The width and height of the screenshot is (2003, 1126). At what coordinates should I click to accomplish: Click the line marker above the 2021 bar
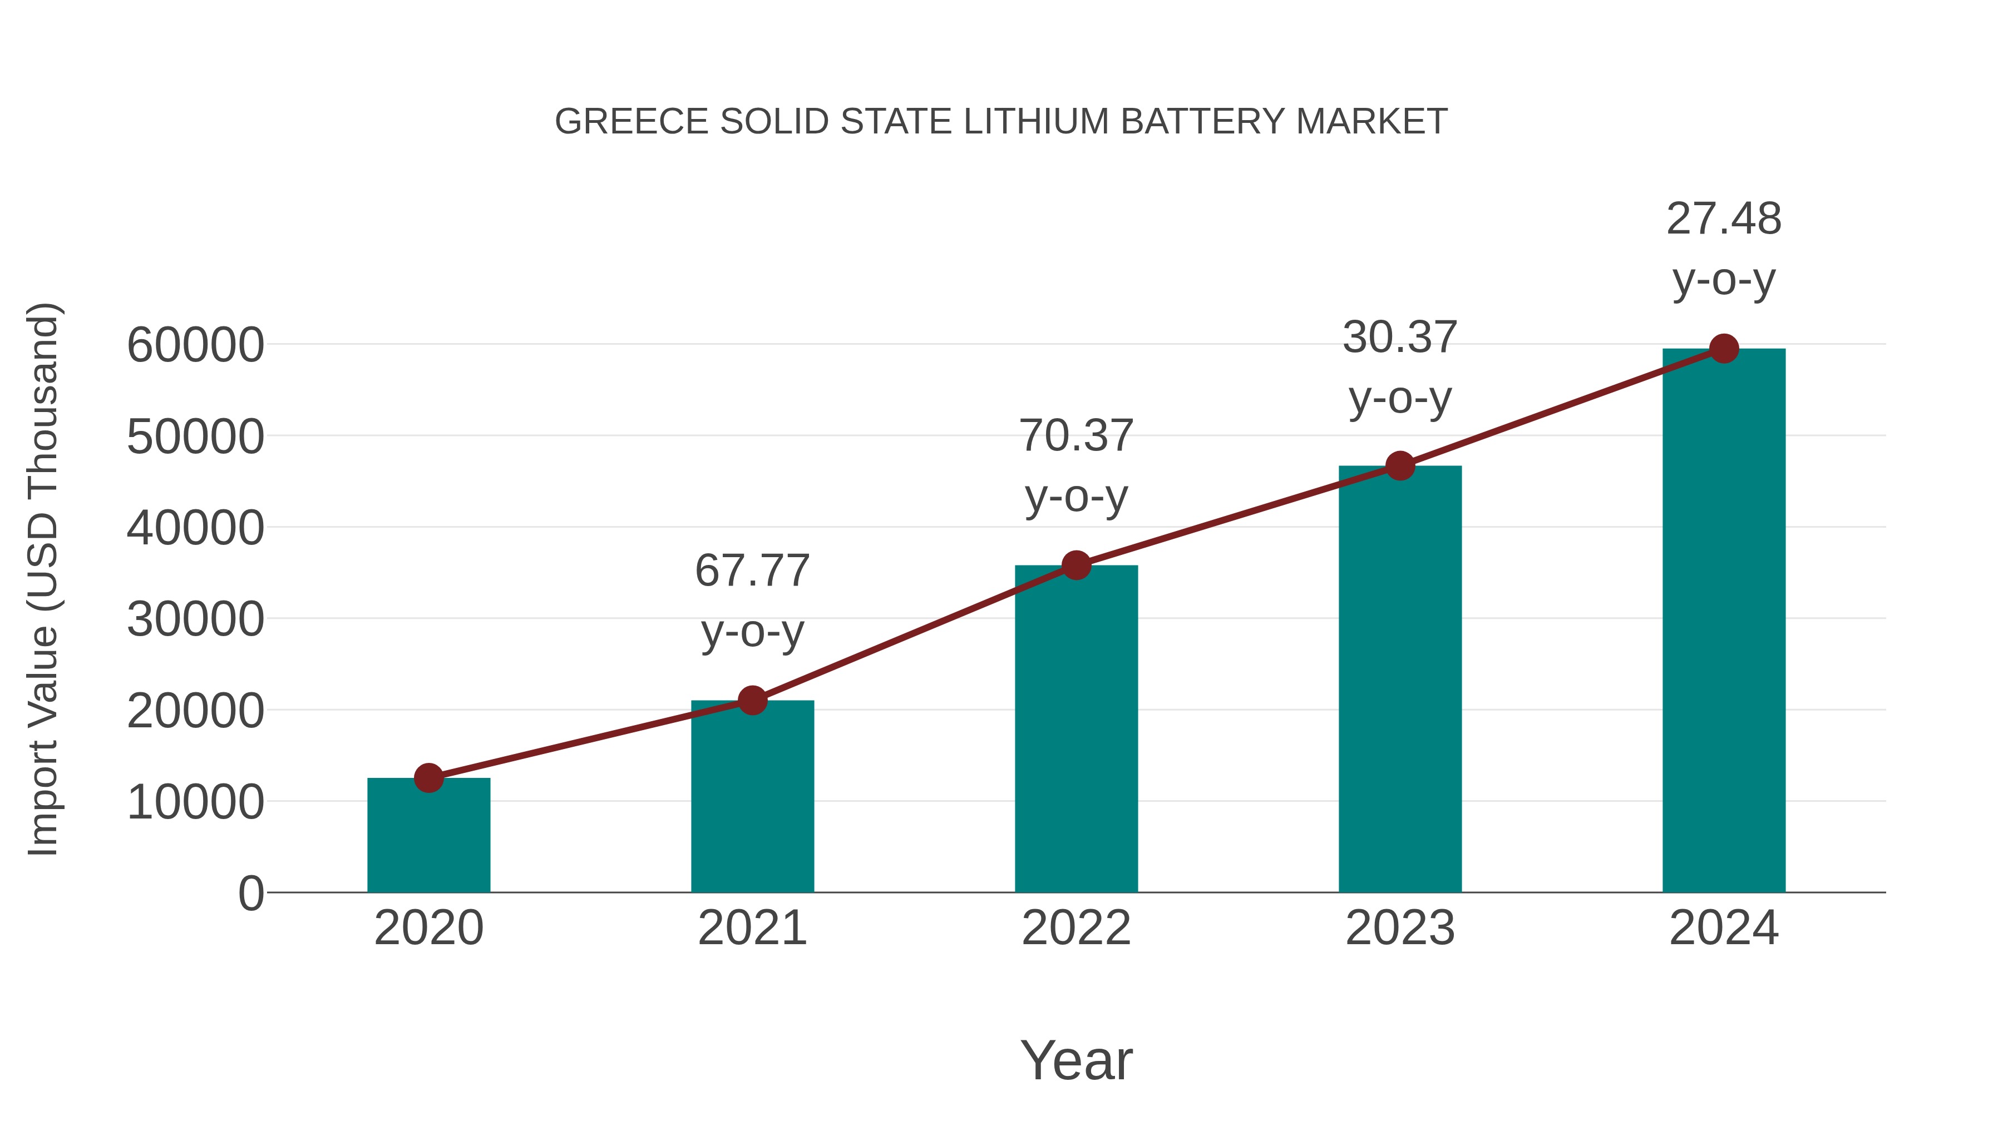click(753, 700)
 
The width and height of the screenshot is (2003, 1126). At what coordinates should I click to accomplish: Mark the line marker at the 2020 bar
click(428, 777)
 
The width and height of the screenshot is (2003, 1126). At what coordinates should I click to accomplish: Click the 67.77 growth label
click(753, 571)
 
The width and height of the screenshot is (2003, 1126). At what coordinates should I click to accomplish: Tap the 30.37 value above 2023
click(1400, 338)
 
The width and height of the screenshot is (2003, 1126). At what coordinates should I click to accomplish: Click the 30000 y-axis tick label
click(195, 619)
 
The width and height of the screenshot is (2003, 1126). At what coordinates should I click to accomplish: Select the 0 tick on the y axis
click(251, 893)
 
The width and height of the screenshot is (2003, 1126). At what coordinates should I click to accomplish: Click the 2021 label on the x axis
click(753, 928)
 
